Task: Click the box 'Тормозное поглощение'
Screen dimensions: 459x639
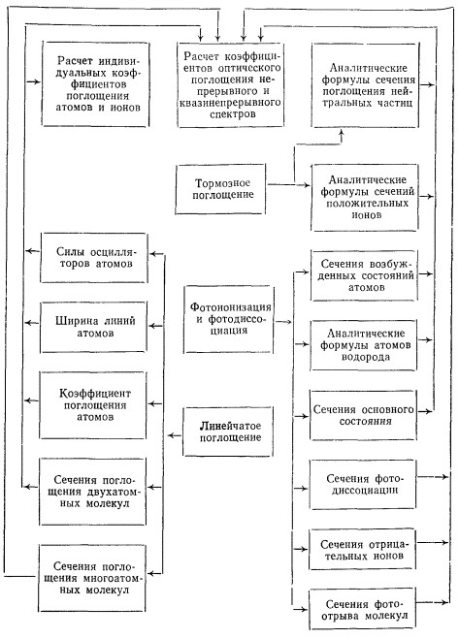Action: point(220,189)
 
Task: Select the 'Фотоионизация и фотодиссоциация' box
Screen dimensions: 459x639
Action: point(228,319)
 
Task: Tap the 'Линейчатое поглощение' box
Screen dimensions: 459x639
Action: point(228,431)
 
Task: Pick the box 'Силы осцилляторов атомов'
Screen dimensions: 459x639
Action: point(94,258)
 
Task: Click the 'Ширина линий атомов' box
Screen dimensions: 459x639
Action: point(93,327)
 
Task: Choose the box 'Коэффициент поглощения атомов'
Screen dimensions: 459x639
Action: point(93,405)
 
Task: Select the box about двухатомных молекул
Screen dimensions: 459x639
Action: point(92,492)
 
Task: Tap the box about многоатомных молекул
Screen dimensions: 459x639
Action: point(92,578)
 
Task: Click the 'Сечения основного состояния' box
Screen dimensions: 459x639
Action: point(363,415)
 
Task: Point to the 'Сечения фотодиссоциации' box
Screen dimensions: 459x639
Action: point(363,485)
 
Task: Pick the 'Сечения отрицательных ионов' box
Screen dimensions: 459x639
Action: point(362,550)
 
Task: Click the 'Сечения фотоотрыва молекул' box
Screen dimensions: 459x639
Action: point(362,609)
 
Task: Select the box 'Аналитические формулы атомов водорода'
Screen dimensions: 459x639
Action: point(364,345)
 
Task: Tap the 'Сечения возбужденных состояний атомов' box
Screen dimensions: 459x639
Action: point(364,275)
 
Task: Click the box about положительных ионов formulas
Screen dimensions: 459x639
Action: point(365,198)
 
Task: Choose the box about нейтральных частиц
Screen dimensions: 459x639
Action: point(366,85)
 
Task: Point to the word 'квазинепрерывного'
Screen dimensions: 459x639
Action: point(230,102)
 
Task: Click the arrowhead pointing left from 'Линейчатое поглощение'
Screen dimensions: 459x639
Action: point(171,435)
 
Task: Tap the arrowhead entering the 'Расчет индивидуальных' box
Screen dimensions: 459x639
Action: point(38,81)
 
